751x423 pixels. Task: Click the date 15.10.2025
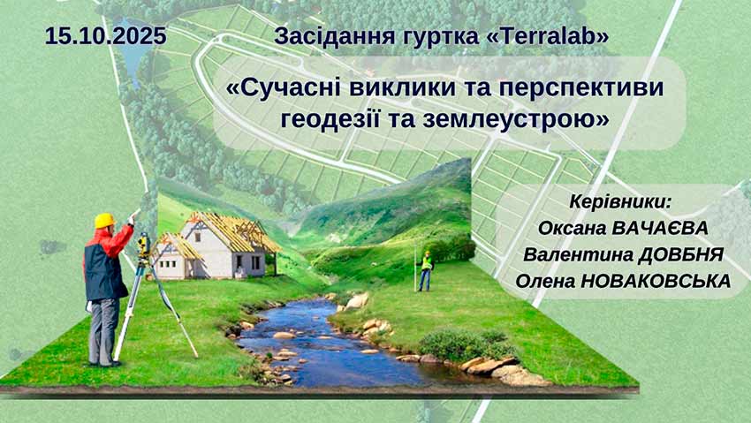pos(105,36)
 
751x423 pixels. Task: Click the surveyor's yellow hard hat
pos(104,220)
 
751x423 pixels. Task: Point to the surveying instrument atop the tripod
pos(143,246)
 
